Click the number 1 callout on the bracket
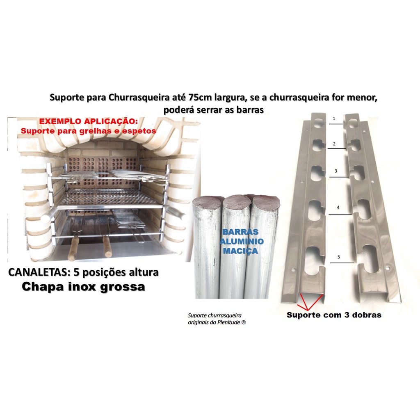pos(334,118)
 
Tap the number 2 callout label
pos(334,144)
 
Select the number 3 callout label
pos(336,171)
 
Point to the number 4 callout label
pos(338,208)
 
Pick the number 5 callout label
pos(338,257)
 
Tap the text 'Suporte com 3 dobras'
pos(334,315)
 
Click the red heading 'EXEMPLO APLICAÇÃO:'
pos(89,122)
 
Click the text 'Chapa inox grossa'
pos(83,287)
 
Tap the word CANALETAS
pos(35,272)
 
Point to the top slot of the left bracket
pos(318,123)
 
